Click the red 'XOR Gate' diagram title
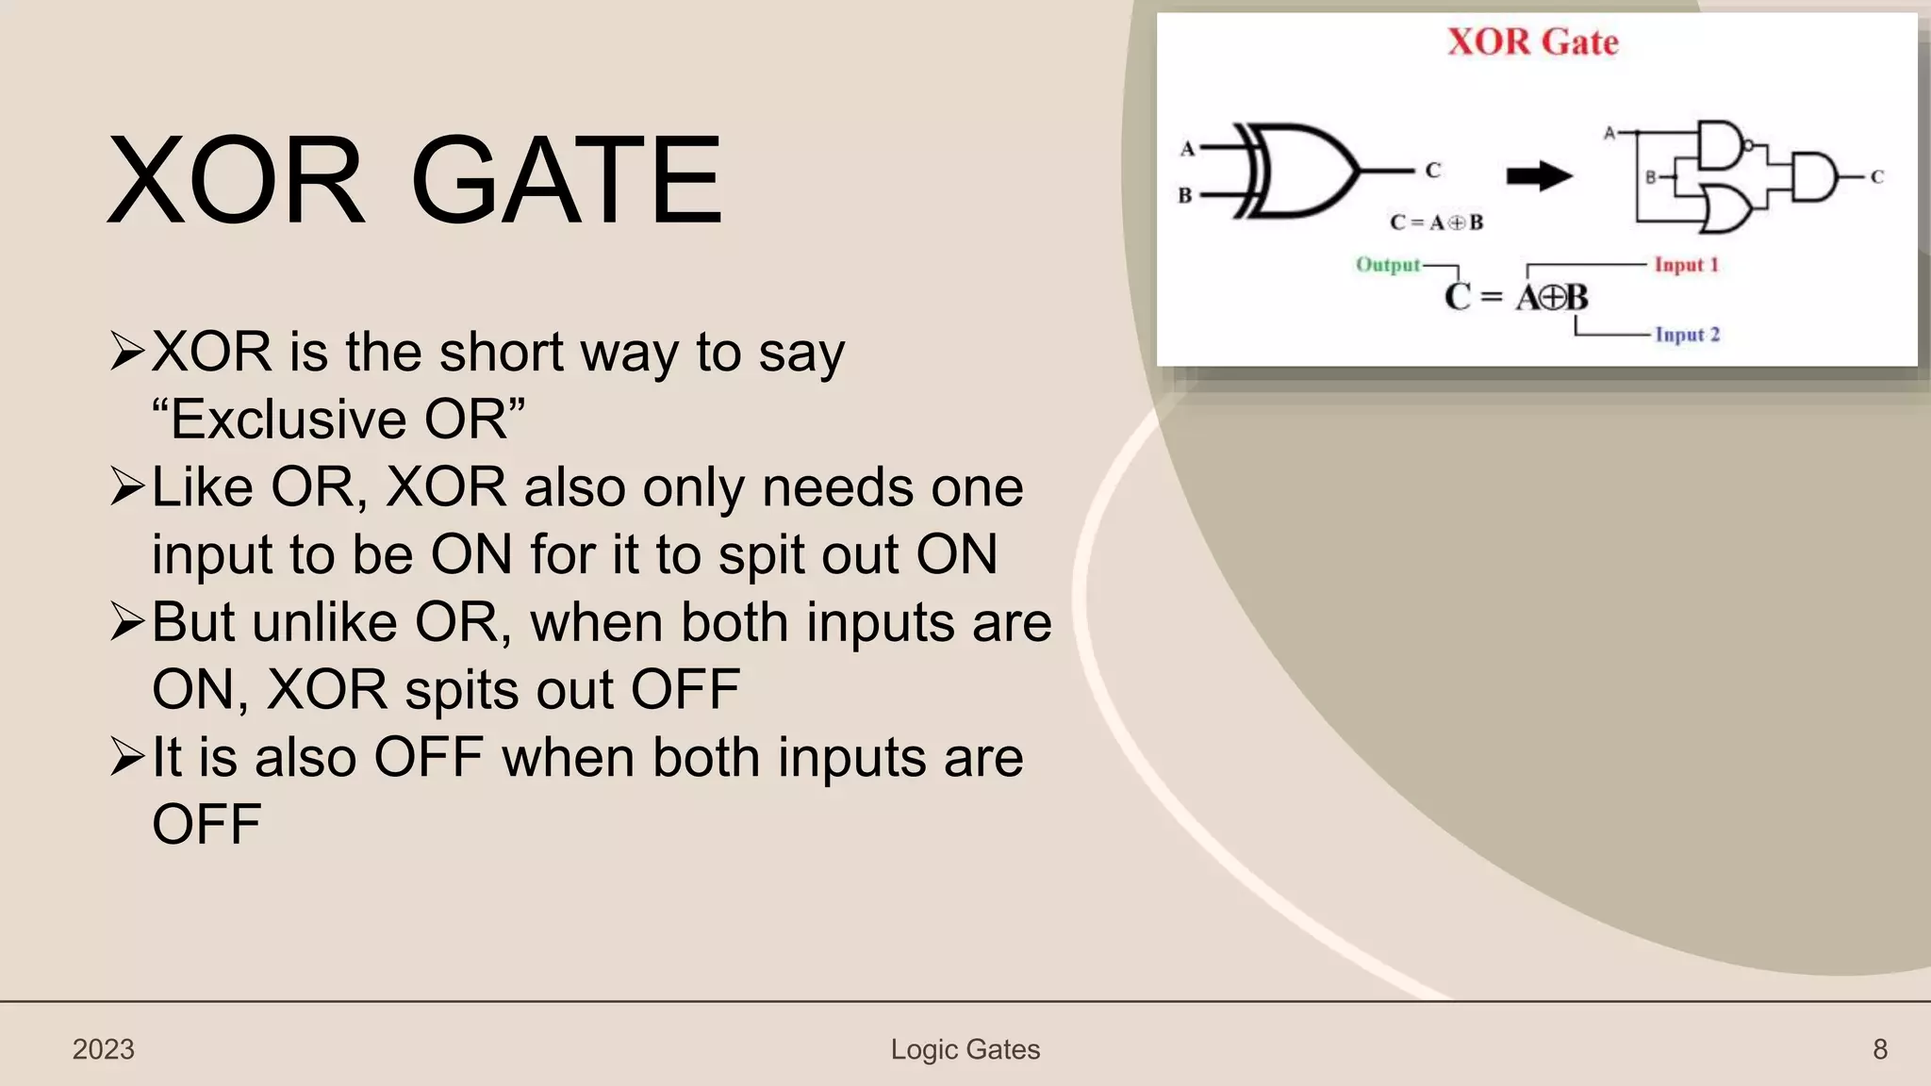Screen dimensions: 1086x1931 coord(1532,42)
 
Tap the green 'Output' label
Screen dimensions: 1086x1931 coord(1387,265)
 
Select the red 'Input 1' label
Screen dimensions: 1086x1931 coord(1686,265)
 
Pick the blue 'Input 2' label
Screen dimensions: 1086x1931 coord(1687,335)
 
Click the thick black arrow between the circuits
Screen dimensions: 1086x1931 coord(1539,175)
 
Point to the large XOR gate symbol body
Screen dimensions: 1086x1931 coord(1301,171)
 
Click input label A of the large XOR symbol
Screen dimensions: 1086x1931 coord(1187,148)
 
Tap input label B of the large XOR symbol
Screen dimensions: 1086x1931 coord(1185,195)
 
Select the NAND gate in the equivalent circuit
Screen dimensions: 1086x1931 coord(1721,144)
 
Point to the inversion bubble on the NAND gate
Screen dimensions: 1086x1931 coord(1748,145)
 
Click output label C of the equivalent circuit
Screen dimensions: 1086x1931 coord(1876,176)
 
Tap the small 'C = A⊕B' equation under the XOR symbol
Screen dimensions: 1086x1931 coord(1436,222)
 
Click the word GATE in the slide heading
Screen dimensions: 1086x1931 coord(567,181)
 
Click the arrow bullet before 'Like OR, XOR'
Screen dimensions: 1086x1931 coord(126,486)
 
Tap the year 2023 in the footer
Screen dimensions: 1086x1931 coord(104,1049)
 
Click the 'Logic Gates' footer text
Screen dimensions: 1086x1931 coord(965,1049)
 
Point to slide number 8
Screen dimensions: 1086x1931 coord(1879,1049)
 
